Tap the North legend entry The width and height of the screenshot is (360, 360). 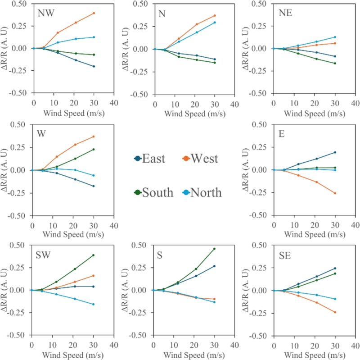pos(202,192)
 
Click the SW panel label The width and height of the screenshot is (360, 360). pos(43,255)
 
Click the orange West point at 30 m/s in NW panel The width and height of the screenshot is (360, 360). pos(94,13)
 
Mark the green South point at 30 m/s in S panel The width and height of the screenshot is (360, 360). pos(214,249)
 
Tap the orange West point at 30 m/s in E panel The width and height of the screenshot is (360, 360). pos(335,193)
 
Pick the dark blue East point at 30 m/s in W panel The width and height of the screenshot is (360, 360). pos(94,186)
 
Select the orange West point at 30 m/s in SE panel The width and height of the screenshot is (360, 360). pos(335,312)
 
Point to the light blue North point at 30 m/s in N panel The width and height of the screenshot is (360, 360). pos(214,23)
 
